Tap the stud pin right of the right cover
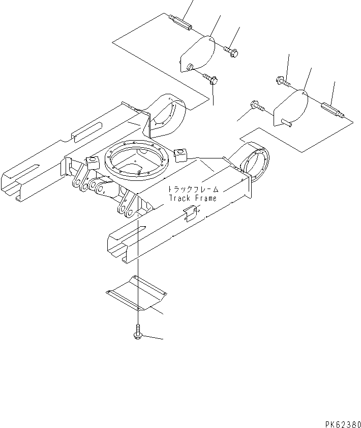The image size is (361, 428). pos(333,111)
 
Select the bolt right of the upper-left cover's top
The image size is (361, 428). pos(233,50)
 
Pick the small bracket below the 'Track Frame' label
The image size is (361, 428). pos(189,214)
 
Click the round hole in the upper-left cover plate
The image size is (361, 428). pos(190,66)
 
